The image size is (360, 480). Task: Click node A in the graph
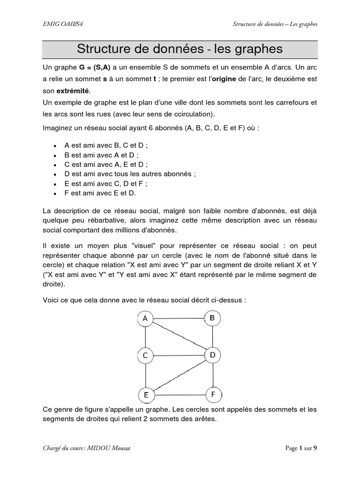(145, 319)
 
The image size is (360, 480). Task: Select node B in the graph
(212, 319)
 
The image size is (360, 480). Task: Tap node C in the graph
(145, 356)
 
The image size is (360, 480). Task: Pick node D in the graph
(212, 356)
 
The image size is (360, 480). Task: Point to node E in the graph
(146, 395)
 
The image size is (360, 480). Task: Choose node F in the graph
(213, 395)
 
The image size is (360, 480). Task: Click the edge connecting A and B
(179, 319)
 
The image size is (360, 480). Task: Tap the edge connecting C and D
(179, 356)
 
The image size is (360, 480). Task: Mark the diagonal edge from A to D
(179, 337)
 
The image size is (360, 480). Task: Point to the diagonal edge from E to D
(180, 375)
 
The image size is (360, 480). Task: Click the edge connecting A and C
(145, 337)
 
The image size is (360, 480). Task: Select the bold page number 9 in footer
(315, 448)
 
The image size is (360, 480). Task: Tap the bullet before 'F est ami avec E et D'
(55, 193)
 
